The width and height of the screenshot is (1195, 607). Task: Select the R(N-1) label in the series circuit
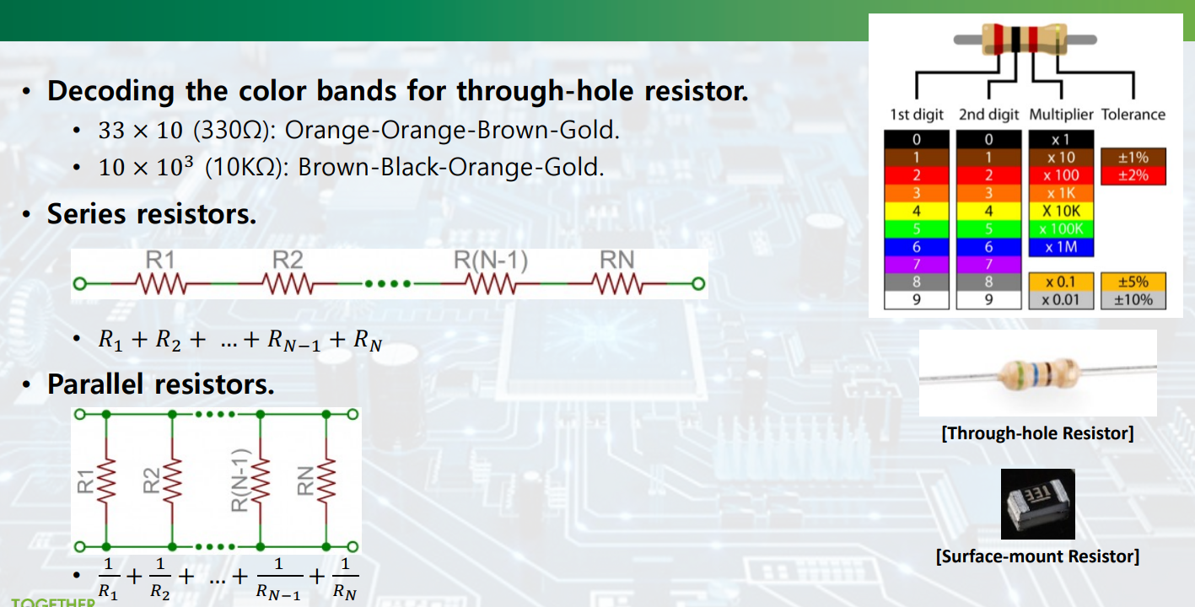pyautogui.click(x=491, y=261)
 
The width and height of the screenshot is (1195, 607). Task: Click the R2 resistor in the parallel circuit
pyautogui.click(x=172, y=480)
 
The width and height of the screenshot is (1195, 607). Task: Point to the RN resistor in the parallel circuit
pyautogui.click(x=326, y=480)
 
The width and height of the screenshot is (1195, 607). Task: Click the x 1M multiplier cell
pyautogui.click(x=1060, y=247)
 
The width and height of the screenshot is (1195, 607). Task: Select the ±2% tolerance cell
pyautogui.click(x=1133, y=175)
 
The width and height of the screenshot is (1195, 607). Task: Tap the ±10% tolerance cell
pyautogui.click(x=1133, y=299)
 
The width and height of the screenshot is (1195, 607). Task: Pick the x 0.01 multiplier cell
pyautogui.click(x=1060, y=299)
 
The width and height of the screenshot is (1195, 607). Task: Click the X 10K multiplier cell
pyautogui.click(x=1060, y=211)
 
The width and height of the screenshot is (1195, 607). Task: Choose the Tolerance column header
pyautogui.click(x=1133, y=115)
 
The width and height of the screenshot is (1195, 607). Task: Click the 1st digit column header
pyautogui.click(x=917, y=115)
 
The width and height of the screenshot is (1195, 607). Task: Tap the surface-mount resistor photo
pyautogui.click(x=1037, y=504)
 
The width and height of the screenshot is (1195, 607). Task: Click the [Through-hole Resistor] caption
pyautogui.click(x=1037, y=433)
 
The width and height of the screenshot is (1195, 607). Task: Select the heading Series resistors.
pyautogui.click(x=152, y=214)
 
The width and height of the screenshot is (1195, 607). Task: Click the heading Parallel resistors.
pyautogui.click(x=160, y=384)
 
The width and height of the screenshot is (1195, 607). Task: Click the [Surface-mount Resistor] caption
pyautogui.click(x=1037, y=556)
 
